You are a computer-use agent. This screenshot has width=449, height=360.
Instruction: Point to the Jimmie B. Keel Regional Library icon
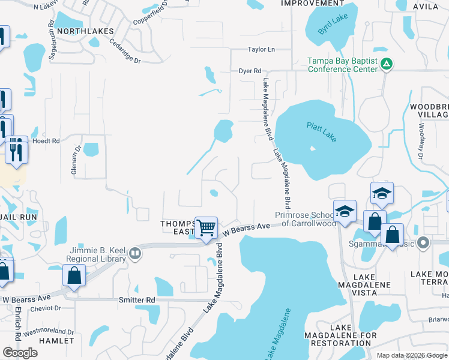click(136, 253)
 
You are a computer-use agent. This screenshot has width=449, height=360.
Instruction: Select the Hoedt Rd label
click(47, 141)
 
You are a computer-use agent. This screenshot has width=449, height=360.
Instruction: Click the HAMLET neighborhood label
click(56, 340)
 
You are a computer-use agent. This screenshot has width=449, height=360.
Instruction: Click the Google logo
click(20, 353)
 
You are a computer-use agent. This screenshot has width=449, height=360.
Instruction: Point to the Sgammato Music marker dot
click(424, 243)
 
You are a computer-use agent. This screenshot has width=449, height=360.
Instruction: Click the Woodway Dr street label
click(422, 142)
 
